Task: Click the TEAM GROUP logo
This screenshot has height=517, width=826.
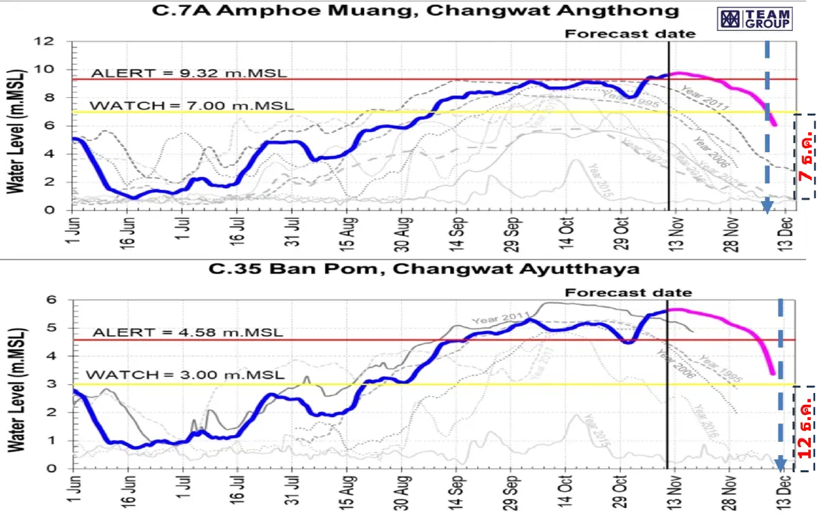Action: [755, 19]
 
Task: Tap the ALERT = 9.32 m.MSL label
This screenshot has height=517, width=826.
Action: [189, 73]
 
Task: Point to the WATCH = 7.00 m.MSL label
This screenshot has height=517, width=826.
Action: [192, 105]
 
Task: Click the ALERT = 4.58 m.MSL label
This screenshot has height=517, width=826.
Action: [187, 332]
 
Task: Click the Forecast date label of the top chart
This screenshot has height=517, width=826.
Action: [630, 33]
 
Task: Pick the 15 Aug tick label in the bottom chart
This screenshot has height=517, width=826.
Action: [348, 493]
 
